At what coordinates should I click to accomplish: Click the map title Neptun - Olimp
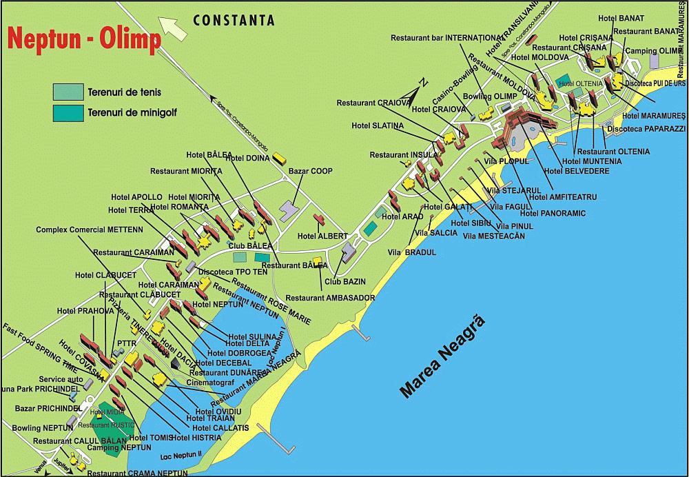pos(84,39)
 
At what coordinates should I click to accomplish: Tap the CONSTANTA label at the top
pos(234,20)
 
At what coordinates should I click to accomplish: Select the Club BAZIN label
pos(344,281)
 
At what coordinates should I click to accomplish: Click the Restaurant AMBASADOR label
pos(330,298)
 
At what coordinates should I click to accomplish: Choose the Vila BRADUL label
pos(412,253)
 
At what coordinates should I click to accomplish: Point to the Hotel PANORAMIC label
pos(553,214)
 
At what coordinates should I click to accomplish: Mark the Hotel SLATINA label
pos(378,125)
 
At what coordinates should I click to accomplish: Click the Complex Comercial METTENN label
pos(90,230)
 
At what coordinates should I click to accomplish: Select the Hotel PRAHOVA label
pos(85,311)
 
